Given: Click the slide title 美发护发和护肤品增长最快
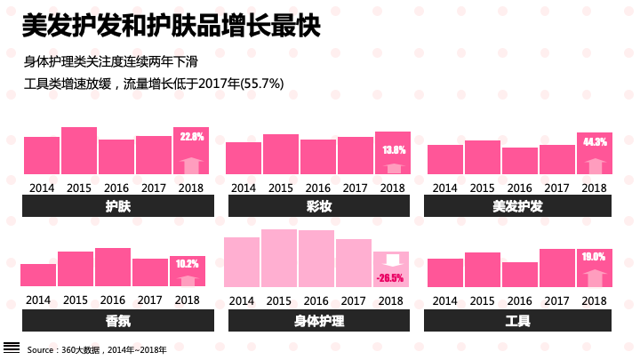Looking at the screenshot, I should point(170,27).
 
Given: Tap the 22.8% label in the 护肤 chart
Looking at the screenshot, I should point(192,138).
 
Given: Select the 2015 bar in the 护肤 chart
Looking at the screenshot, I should point(79,150).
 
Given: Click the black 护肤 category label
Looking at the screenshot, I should point(118,206).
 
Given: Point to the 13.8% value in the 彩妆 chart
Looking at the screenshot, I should point(394,150).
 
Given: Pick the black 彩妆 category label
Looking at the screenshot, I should point(319,206).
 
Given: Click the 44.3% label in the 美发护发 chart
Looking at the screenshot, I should point(595,142).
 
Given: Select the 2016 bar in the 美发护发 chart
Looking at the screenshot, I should point(520,161).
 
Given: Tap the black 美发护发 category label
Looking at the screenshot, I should point(517,206).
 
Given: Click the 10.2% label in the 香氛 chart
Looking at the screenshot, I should point(188,264).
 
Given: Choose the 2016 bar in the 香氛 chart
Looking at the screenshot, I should point(113,267).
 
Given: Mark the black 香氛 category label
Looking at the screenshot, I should point(118,320).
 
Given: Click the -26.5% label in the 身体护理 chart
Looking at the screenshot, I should point(390,278).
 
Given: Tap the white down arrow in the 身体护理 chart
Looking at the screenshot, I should point(391,260).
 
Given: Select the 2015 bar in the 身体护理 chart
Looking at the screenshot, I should point(279,258).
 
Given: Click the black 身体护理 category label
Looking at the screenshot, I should point(319,320).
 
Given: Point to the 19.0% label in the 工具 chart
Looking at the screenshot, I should point(594,257).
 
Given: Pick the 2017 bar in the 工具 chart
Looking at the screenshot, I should point(557,268).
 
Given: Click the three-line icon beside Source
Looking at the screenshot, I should point(12,348).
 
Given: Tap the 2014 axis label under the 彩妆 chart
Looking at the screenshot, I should point(243,188).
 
